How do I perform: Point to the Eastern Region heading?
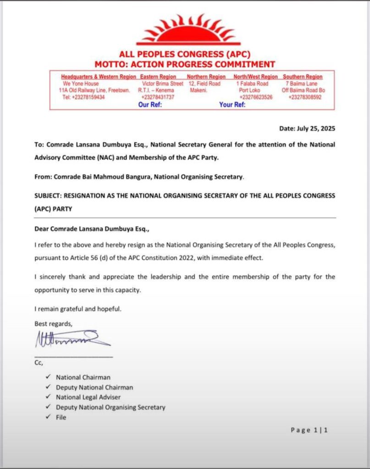pyautogui.click(x=158, y=77)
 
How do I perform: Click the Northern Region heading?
pyautogui.click(x=206, y=77)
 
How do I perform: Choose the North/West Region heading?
pyautogui.click(x=255, y=77)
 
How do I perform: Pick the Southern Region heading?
pyautogui.click(x=303, y=77)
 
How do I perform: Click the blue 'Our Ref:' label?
pyautogui.click(x=150, y=104)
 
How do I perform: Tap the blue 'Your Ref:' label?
pyautogui.click(x=232, y=104)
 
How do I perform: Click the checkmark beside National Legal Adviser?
pyautogui.click(x=48, y=397)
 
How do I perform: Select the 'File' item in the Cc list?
pyautogui.click(x=61, y=417)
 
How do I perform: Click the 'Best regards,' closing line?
pyautogui.click(x=54, y=324)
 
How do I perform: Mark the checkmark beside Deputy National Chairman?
pyautogui.click(x=48, y=387)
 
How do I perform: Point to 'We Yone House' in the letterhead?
pyautogui.click(x=80, y=84)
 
